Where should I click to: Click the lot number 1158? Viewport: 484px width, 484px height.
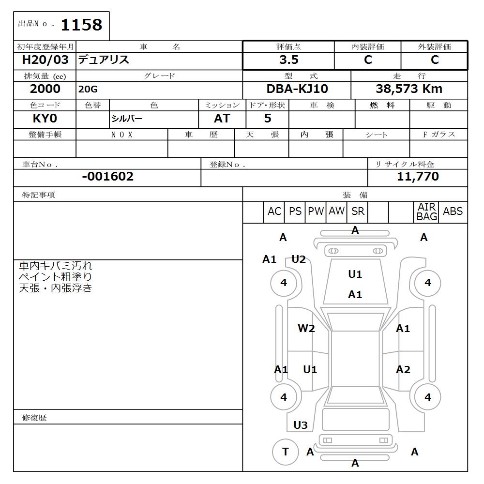pyautogui.click(x=81, y=25)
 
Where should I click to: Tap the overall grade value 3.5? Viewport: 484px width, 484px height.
pyautogui.click(x=289, y=60)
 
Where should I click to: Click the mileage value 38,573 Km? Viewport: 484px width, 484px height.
pyautogui.click(x=409, y=89)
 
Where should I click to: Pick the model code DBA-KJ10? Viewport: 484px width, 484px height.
pyautogui.click(x=296, y=89)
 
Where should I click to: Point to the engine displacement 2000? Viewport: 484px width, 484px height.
pyautogui.click(x=45, y=89)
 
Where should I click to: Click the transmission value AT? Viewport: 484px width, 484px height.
pyautogui.click(x=222, y=119)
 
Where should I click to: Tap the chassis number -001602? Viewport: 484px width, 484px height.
pyautogui.click(x=107, y=177)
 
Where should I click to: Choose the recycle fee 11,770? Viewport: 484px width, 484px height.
pyautogui.click(x=418, y=177)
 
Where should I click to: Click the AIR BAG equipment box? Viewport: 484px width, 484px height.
pyautogui.click(x=426, y=212)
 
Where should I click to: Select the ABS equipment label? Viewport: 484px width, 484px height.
pyautogui.click(x=453, y=212)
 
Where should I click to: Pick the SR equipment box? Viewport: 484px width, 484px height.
pyautogui.click(x=358, y=212)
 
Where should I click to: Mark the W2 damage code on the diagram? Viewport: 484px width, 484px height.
pyautogui.click(x=306, y=329)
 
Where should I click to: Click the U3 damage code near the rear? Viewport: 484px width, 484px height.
pyautogui.click(x=301, y=425)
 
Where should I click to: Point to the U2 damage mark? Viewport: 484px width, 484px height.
pyautogui.click(x=299, y=259)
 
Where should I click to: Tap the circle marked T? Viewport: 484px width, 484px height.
pyautogui.click(x=285, y=452)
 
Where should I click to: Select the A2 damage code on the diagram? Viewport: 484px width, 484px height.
pyautogui.click(x=403, y=370)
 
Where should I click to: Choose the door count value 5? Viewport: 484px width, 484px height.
pyautogui.click(x=268, y=119)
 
